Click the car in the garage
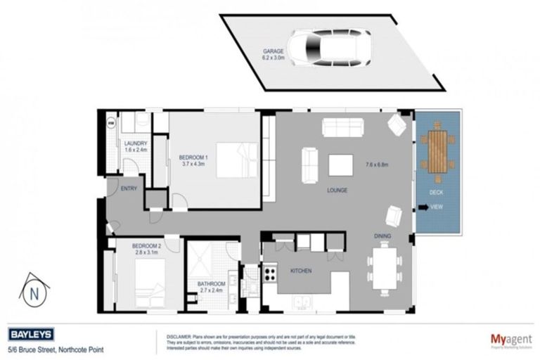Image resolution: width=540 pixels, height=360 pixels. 326,49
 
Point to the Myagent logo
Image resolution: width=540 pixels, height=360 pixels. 510,337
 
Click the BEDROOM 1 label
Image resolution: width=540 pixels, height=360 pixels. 193,157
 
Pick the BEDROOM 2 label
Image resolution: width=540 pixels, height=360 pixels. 146,245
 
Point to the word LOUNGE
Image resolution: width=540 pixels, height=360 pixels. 338,190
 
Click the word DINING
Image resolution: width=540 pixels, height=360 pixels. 382,237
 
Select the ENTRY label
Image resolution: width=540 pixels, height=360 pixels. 129,188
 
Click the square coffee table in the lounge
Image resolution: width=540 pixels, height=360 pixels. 340,165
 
